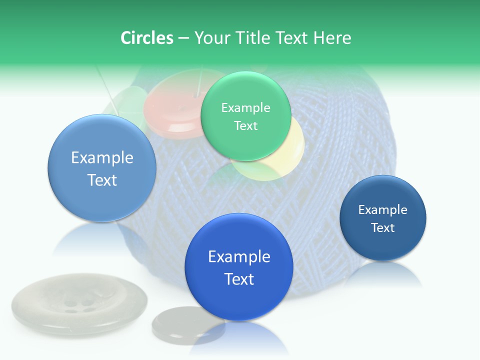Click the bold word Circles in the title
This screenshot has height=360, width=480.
pos(146,38)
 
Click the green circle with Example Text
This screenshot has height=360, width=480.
pos(245,116)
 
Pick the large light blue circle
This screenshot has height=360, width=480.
pos(102,168)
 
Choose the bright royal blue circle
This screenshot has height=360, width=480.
pos(238,267)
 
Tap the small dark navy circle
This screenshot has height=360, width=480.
pos(382,218)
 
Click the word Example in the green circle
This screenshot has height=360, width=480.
pos(245,107)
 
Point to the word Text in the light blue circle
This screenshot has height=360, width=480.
pos(102,180)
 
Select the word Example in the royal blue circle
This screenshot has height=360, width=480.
pos(239,256)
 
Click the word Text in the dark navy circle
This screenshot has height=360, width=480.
pos(383,228)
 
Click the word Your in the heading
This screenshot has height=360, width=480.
pos(211,38)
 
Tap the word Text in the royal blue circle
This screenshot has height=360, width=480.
pos(239,278)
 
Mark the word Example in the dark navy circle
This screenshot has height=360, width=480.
pos(382,210)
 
